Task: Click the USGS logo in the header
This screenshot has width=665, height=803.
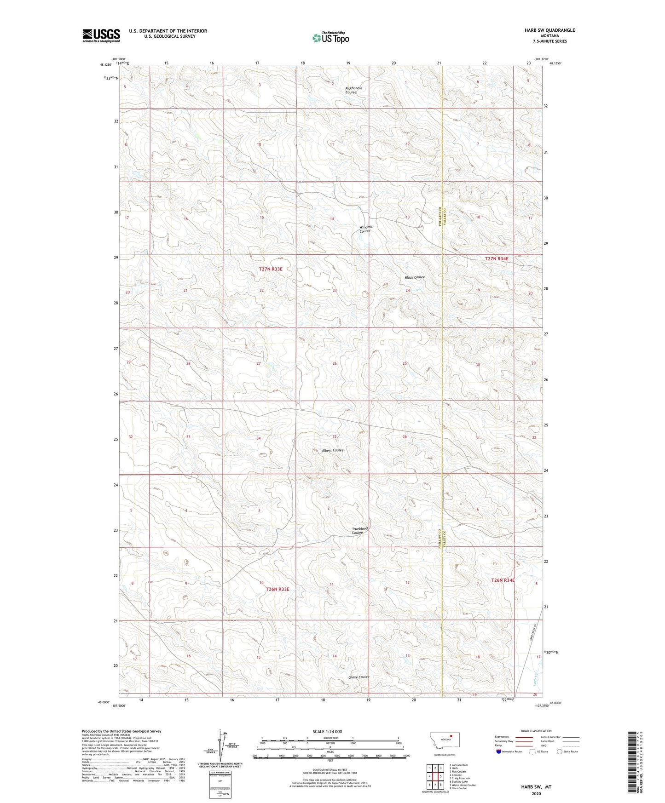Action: coord(101,35)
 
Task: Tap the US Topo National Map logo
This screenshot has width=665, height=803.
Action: coord(330,38)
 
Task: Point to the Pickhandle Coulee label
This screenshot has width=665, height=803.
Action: coord(353,90)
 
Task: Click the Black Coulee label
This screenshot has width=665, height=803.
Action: coord(414,277)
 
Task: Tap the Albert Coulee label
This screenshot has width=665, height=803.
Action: coord(332,450)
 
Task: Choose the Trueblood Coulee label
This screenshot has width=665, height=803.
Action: coord(360,531)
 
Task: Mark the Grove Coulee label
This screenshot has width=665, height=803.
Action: coord(359,677)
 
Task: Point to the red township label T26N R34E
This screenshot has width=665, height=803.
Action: coord(503,580)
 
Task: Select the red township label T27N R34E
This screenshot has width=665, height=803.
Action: coord(497,259)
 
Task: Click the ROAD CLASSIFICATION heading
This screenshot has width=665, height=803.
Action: coord(537,731)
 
